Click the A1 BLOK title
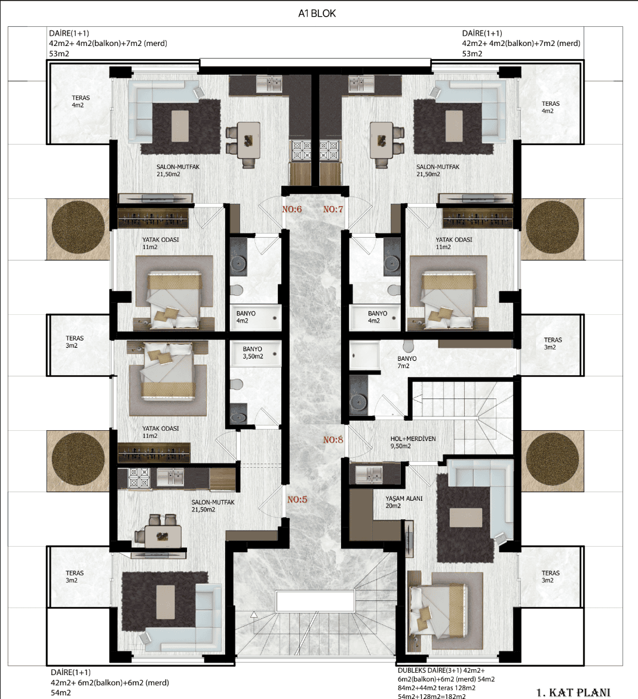(317, 13)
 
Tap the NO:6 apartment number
(292, 210)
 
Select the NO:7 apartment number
(333, 210)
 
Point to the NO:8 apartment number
(333, 440)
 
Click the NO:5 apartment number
(297, 499)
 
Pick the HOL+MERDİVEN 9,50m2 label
(413, 442)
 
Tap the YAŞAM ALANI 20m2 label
(404, 502)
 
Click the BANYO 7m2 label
(407, 362)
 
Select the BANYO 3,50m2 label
(253, 352)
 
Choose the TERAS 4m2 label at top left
(80, 101)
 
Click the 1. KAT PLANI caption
(573, 692)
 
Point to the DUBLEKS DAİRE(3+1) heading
(430, 670)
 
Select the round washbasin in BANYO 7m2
(358, 401)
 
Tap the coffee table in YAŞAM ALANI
(465, 517)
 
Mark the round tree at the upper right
(553, 228)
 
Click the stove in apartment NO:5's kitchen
(139, 478)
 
